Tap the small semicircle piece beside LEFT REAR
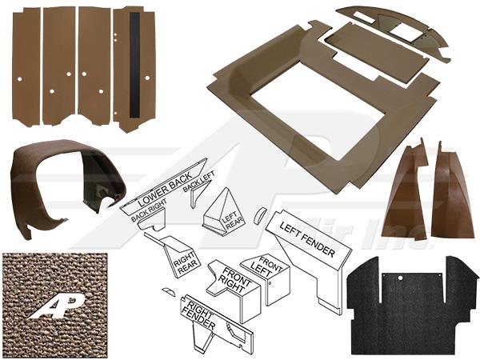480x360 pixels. tap(258, 214)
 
